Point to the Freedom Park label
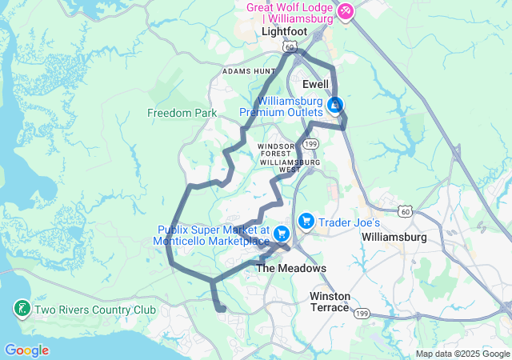click(182, 113)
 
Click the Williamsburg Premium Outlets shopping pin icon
click(336, 105)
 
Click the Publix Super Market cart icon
click(282, 234)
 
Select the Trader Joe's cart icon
click(306, 220)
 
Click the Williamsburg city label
click(397, 238)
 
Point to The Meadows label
click(291, 268)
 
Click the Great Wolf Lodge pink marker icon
click(346, 11)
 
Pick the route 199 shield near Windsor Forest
click(311, 143)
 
